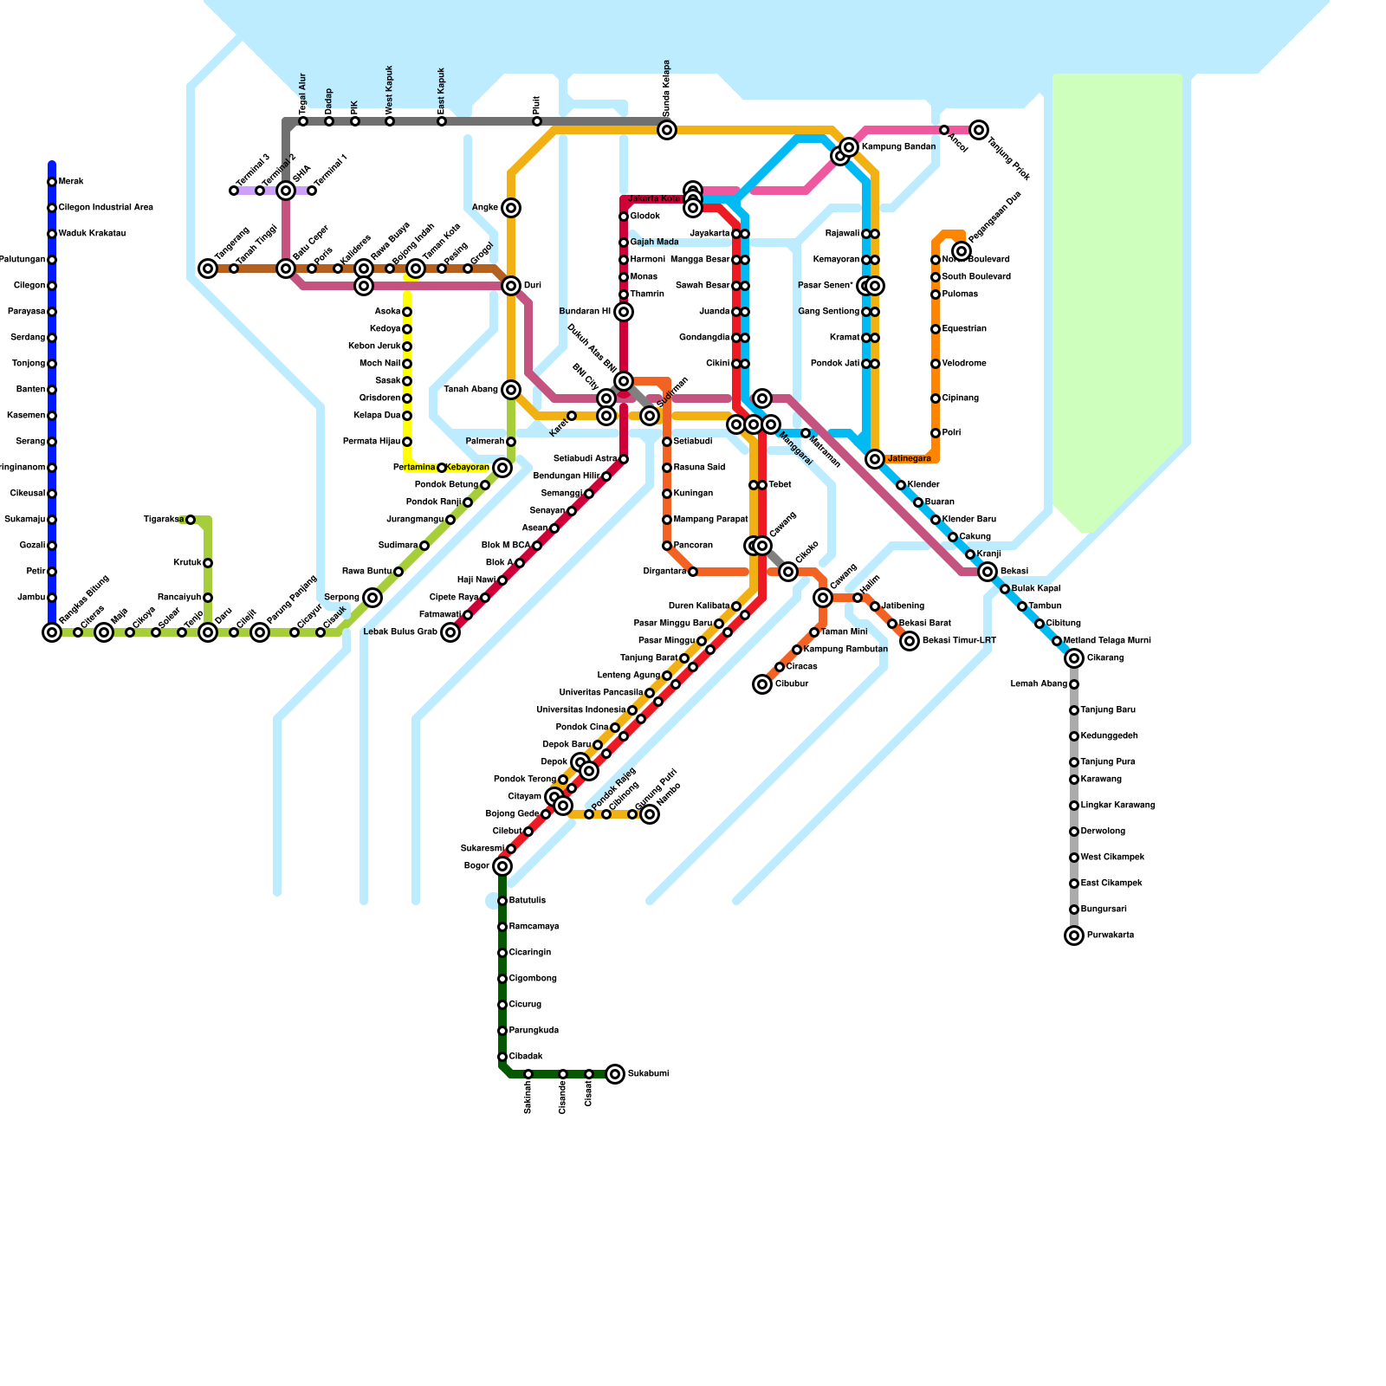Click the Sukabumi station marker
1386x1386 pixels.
click(x=615, y=1074)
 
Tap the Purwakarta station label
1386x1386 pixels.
click(x=1111, y=936)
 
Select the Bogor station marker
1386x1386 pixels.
click(x=502, y=866)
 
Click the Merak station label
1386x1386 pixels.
click(x=71, y=182)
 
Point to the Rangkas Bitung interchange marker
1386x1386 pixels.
click(x=52, y=632)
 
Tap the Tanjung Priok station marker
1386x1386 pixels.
click(x=979, y=130)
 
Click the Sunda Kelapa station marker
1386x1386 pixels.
click(x=667, y=130)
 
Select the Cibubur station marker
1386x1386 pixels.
click(x=762, y=684)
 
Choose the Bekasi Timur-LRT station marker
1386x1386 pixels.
click(x=910, y=641)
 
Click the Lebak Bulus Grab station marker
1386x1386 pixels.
click(x=450, y=632)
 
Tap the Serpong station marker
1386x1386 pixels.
click(x=372, y=598)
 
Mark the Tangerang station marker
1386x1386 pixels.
click(x=208, y=269)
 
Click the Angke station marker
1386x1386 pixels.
click(x=511, y=208)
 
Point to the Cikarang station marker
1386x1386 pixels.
click(x=1074, y=658)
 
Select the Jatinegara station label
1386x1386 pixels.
click(x=910, y=459)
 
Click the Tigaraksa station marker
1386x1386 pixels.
click(x=191, y=520)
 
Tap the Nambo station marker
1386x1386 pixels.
click(x=650, y=814)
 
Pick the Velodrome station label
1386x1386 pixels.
click(x=964, y=364)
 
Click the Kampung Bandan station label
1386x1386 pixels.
click(x=898, y=147)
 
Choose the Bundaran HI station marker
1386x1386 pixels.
click(x=624, y=312)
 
